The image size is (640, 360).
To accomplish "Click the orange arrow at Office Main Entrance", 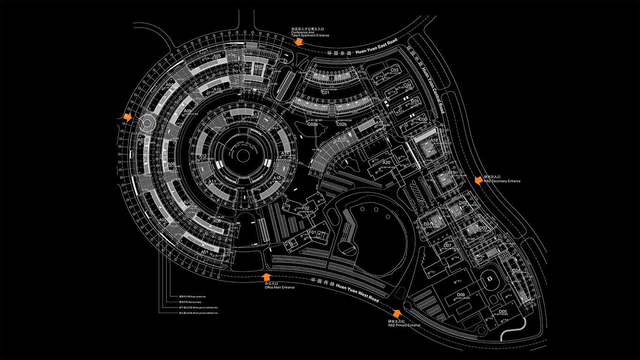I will [x=267, y=277].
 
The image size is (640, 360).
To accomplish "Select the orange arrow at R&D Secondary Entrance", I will [x=478, y=180].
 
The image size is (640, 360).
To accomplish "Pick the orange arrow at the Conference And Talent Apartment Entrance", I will [x=298, y=42].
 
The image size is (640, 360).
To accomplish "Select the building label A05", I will [x=216, y=57].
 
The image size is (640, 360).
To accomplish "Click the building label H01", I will [x=258, y=67].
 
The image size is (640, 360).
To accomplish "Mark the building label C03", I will [x=394, y=70].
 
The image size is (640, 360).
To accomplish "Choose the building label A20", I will [x=387, y=162].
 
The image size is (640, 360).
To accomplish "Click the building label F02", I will [x=306, y=208].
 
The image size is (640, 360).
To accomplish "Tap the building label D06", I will [x=461, y=295].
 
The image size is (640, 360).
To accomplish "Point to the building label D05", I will [x=503, y=311].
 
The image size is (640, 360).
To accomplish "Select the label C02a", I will [x=313, y=124].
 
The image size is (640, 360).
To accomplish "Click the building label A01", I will [x=205, y=252].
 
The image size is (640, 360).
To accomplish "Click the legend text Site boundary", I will [x=190, y=302].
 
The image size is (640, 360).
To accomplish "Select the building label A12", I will [x=203, y=157].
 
